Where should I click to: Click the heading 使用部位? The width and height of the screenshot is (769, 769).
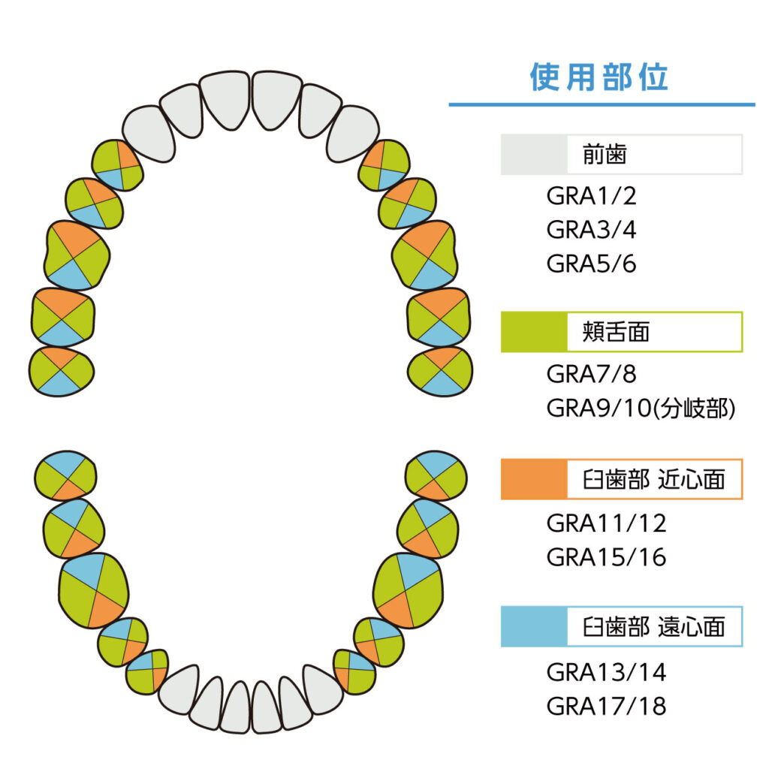[x=599, y=77]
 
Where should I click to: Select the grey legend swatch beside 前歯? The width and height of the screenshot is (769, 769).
[x=534, y=155]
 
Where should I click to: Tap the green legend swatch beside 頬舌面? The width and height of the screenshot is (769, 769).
[x=534, y=332]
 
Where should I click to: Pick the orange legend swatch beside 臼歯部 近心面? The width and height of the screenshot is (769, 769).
[x=534, y=479]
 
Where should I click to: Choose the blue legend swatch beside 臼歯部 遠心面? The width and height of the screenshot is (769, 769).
[x=534, y=627]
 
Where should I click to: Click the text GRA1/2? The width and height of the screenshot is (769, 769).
[x=592, y=196]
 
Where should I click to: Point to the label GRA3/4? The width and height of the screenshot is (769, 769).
[x=592, y=230]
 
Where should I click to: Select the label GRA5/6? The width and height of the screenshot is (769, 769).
[x=592, y=264]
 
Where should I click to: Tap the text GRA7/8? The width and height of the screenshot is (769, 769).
[x=592, y=374]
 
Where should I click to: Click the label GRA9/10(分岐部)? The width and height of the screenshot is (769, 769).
[x=641, y=408]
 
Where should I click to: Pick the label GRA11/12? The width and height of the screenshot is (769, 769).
[x=607, y=523]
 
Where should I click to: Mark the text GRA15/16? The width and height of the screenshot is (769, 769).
[x=607, y=557]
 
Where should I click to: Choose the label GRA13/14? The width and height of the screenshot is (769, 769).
[x=607, y=672]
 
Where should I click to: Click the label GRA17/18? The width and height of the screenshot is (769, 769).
[x=607, y=706]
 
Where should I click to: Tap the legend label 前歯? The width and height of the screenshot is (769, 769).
[x=605, y=155]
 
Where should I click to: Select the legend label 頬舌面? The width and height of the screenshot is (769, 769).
[x=616, y=332]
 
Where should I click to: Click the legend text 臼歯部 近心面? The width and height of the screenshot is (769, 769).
[x=654, y=479]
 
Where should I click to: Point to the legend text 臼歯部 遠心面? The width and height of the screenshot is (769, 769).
[x=654, y=627]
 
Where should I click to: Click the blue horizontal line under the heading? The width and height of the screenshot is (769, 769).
[x=602, y=104]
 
